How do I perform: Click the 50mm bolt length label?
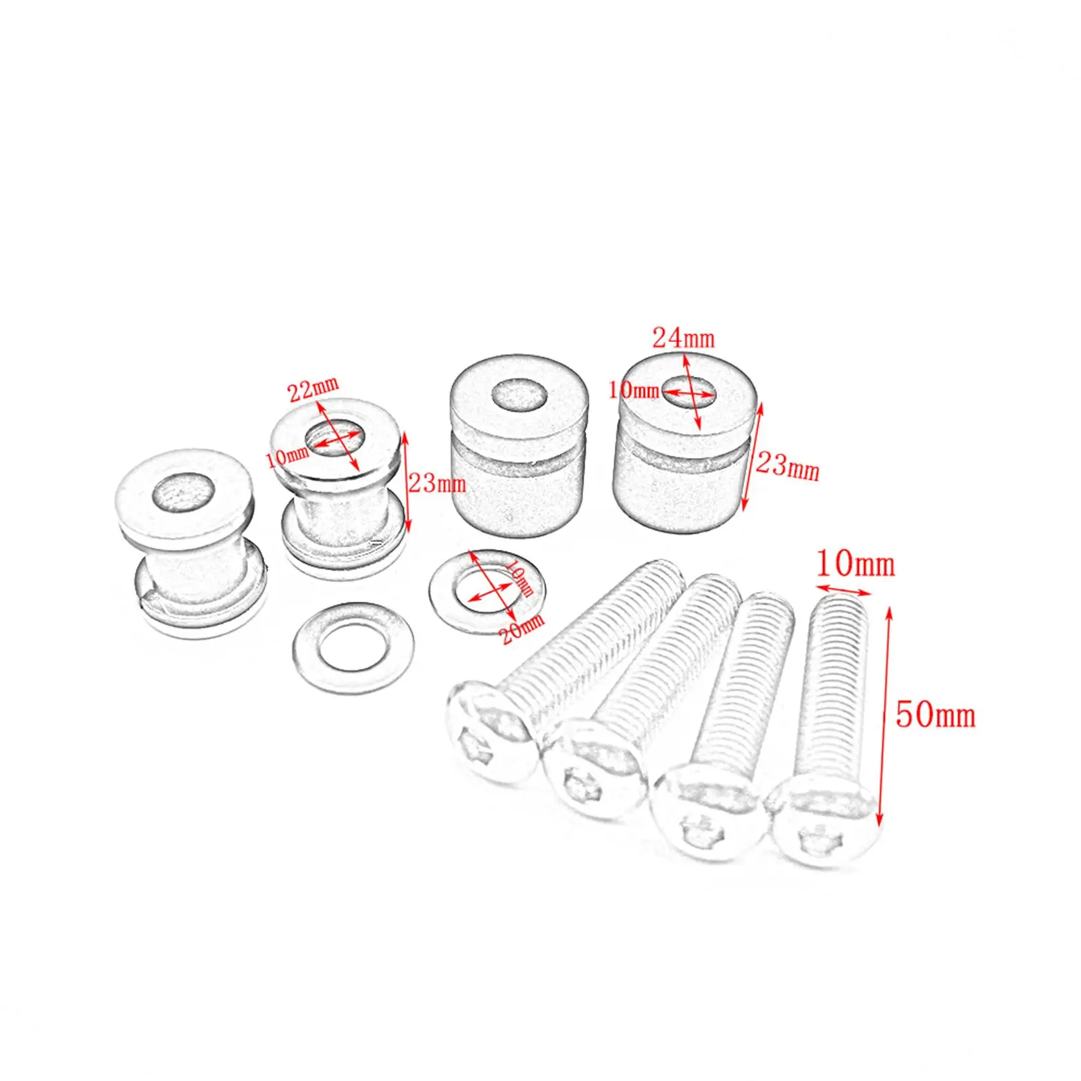[935, 715]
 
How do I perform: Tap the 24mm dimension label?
[683, 337]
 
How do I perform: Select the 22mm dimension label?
[313, 389]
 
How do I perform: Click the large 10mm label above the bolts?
[855, 564]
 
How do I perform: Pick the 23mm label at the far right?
[787, 466]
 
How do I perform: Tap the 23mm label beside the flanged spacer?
[437, 484]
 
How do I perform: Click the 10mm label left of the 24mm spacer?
[633, 390]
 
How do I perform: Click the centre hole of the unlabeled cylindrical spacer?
[519, 394]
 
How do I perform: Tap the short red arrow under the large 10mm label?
[843, 590]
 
